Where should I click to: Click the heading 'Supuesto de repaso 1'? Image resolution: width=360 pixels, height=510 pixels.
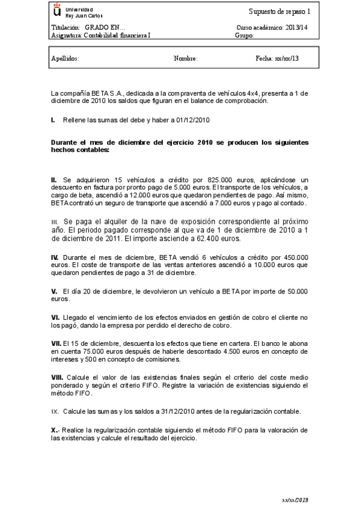[x=279, y=12]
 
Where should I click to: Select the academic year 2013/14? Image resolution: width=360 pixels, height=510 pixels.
[x=294, y=28]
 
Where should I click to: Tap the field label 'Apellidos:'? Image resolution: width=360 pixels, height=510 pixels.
[x=66, y=59]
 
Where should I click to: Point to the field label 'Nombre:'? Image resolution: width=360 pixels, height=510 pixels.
[x=185, y=59]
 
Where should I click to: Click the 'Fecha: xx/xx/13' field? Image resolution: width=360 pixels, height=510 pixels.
[x=277, y=59]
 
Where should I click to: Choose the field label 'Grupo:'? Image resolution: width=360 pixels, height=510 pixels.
[x=245, y=35]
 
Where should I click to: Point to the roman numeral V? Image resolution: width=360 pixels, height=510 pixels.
[x=54, y=291]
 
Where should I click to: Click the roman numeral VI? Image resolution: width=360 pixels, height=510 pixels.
[x=55, y=317]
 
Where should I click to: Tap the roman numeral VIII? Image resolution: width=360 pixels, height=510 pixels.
[x=58, y=376]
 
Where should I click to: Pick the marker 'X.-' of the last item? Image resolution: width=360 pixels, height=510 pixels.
[x=56, y=430]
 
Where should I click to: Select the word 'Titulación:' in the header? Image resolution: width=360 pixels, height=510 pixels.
[x=66, y=28]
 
